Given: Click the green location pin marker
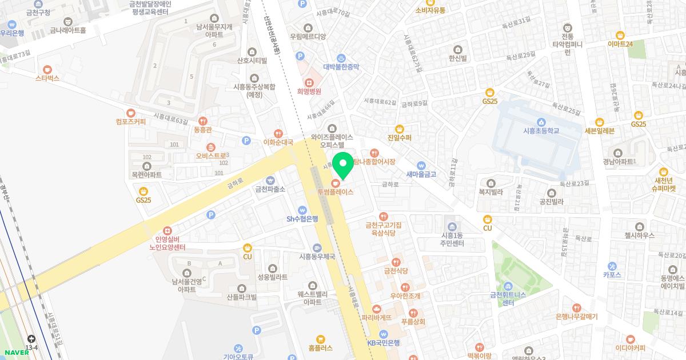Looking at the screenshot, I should point(343,167).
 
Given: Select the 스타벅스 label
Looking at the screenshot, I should point(47,78).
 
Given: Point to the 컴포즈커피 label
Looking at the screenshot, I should point(130,121).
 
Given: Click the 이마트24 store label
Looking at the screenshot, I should point(620,43).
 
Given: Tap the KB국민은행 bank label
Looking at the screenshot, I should point(384,342).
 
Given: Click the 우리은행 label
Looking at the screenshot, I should point(12,33).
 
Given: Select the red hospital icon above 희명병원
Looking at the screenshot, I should point(309,82).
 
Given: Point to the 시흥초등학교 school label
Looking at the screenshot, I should point(540,130).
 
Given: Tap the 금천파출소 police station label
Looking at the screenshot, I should point(270,189).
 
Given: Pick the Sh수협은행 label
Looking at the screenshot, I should point(302,218).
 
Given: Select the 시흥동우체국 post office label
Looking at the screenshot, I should point(317,256).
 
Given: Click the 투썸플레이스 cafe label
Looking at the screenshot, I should point(336,191).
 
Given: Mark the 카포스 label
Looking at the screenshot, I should point(612,274).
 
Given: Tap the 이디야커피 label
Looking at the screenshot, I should point(630,347).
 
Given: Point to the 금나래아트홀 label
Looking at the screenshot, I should point(67,30).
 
